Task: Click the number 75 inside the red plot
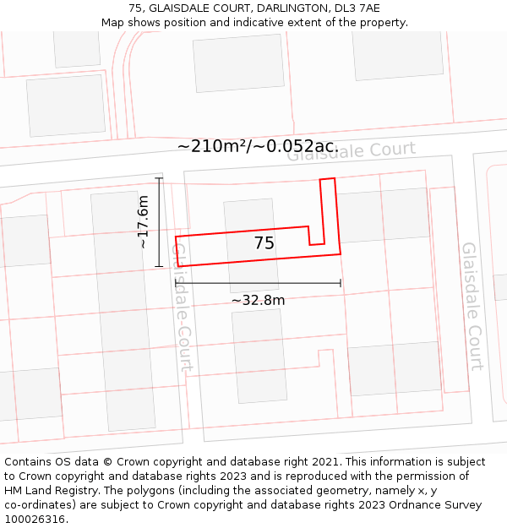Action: [264, 243]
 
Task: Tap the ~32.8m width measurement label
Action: [258, 300]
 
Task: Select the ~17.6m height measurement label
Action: [144, 221]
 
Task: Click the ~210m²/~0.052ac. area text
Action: [258, 146]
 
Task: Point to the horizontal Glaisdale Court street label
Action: [352, 151]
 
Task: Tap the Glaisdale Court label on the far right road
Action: [472, 306]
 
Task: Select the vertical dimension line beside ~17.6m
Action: [159, 222]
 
